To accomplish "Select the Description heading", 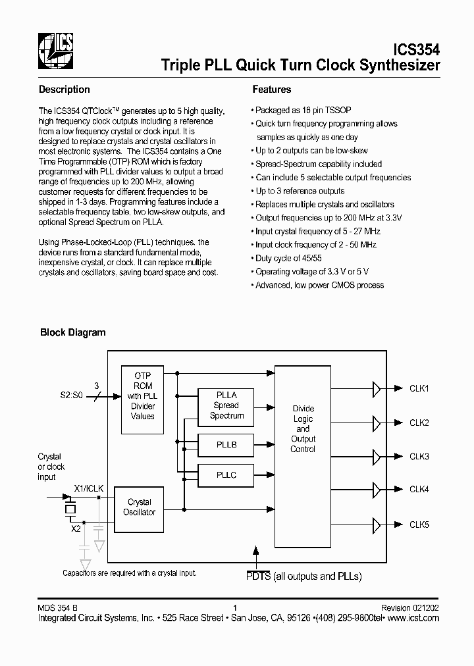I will [x=64, y=90].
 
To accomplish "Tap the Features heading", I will [x=271, y=90].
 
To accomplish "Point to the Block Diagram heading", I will [x=73, y=332].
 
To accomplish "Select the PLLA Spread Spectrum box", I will [x=226, y=405].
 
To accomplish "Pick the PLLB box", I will [x=226, y=445].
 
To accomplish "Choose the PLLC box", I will [x=226, y=474].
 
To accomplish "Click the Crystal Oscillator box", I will [x=139, y=507].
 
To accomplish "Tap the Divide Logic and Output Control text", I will [x=303, y=429].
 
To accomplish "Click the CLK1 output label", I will [x=419, y=389].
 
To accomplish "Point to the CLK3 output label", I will [x=419, y=456].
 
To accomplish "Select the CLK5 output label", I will [x=419, y=525].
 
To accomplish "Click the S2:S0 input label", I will [x=72, y=397].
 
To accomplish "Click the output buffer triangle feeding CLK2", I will [x=377, y=423].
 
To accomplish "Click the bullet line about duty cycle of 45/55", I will [x=292, y=259].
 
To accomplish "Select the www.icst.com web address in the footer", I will [x=413, y=618].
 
